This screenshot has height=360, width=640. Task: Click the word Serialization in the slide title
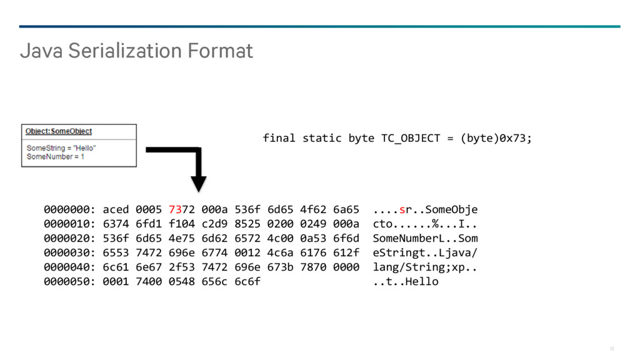click(x=125, y=51)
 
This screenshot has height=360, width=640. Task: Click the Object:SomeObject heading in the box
click(x=59, y=131)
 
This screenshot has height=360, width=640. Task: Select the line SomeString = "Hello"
click(x=61, y=147)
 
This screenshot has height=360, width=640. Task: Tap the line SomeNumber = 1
click(x=56, y=157)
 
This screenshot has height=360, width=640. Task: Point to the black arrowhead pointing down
click(x=198, y=184)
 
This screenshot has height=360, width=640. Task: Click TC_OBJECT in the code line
click(x=411, y=138)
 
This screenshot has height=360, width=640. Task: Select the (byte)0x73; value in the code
click(x=496, y=138)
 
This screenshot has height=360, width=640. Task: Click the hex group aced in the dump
click(x=116, y=209)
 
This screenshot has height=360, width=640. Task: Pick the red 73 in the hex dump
click(x=175, y=209)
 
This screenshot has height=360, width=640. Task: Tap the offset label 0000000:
click(x=69, y=209)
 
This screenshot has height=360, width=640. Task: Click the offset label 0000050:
click(x=69, y=282)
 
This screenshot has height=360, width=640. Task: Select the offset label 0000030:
click(x=69, y=252)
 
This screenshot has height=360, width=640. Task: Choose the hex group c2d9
click(x=214, y=224)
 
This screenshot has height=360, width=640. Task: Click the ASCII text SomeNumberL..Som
click(x=425, y=238)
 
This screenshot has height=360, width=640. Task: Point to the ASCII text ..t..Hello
click(x=405, y=282)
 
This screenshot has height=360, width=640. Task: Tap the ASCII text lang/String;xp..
click(x=418, y=267)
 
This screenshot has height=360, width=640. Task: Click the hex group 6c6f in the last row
click(x=247, y=282)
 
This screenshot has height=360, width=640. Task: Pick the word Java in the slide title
click(x=41, y=51)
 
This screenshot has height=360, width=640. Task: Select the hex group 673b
click(x=281, y=267)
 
